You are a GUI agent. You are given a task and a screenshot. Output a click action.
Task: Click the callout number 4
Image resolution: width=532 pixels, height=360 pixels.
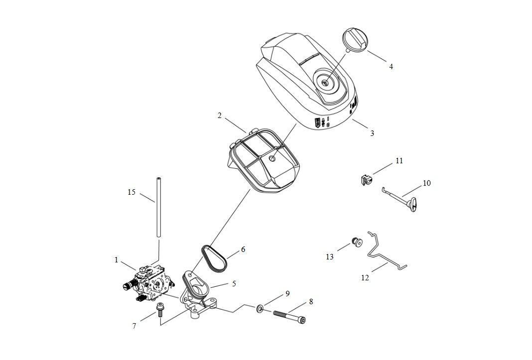click(x=391, y=66)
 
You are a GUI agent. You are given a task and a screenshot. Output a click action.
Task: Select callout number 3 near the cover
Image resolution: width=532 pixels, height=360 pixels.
click(x=372, y=133)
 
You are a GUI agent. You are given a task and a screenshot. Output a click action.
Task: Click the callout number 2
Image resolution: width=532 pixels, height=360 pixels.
click(x=220, y=116)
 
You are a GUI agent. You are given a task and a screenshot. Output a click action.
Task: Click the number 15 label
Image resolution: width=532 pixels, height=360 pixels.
click(x=132, y=192)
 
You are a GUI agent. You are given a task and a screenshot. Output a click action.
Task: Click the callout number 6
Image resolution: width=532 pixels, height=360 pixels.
click(x=243, y=249)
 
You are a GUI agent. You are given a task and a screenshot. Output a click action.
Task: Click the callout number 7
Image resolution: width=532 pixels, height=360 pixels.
click(x=134, y=326)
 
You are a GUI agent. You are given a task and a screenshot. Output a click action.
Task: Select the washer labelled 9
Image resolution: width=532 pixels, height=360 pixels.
click(x=260, y=310)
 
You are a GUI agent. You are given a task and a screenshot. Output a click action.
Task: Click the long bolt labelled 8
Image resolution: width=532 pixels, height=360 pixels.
click(x=289, y=316)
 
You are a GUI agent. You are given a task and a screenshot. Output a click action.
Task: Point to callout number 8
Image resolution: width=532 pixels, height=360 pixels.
click(x=311, y=301)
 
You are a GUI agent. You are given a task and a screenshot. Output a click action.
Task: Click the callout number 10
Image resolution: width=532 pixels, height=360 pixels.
click(x=426, y=183)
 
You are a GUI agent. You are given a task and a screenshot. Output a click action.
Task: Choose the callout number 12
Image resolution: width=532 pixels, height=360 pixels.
click(x=365, y=278)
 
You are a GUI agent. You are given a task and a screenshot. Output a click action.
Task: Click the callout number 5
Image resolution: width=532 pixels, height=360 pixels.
click(x=234, y=284)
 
